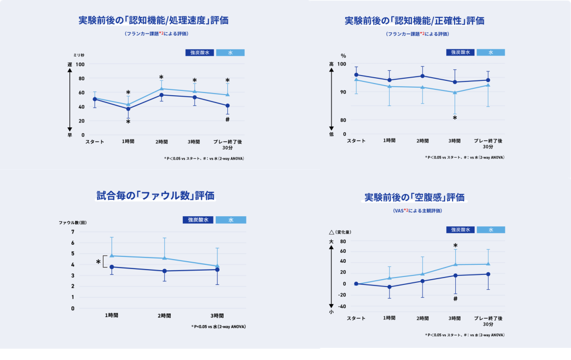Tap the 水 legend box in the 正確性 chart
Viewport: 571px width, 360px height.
coord(491,52)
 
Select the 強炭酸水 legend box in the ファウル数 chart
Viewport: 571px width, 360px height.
coord(198,219)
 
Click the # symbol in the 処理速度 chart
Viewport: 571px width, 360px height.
coord(227,119)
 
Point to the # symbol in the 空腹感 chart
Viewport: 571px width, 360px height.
coord(455,299)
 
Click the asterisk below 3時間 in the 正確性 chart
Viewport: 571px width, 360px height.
coord(455,118)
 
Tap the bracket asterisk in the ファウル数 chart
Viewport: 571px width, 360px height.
coord(98,262)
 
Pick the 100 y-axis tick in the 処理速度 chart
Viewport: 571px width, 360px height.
coord(80,64)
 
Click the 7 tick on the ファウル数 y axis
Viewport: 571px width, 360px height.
coord(72,232)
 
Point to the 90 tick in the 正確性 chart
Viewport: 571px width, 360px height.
coord(342,92)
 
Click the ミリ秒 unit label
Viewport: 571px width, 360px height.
coord(79,54)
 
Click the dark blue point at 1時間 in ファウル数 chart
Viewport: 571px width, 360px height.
coord(112,267)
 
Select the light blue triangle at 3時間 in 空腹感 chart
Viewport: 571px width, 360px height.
coord(455,264)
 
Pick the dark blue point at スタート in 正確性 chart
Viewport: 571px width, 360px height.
coord(356,75)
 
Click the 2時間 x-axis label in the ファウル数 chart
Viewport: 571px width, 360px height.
coord(164,316)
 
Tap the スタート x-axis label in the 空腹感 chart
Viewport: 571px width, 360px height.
coord(356,318)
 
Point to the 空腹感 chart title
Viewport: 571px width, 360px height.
coord(415,198)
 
